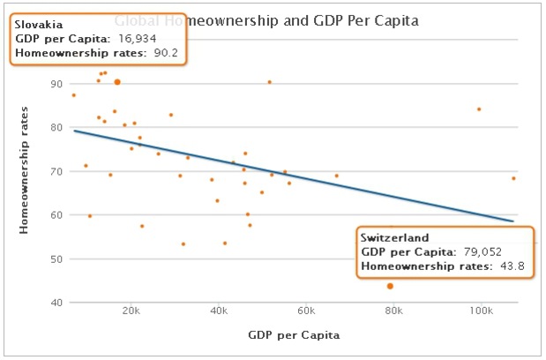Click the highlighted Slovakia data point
(117, 82)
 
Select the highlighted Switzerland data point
(390, 286)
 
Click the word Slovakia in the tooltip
(38, 25)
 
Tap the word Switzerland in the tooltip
(394, 237)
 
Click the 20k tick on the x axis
(131, 311)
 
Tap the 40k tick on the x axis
(219, 311)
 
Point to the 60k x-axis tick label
(306, 311)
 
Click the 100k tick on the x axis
(482, 311)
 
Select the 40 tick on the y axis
(57, 303)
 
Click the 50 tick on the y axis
(57, 259)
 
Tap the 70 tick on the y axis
(57, 171)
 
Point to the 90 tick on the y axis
(57, 84)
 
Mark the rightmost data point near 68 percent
(513, 178)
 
